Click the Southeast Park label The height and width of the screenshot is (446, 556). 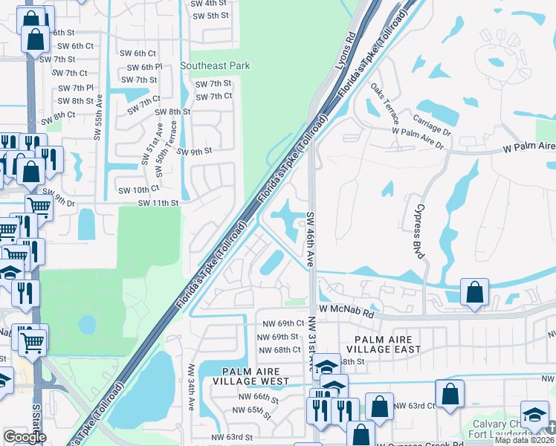pos(215,65)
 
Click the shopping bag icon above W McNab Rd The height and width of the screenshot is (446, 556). pos(474,293)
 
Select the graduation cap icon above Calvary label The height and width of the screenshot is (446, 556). pos(534,413)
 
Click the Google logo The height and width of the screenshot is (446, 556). pos(25,436)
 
